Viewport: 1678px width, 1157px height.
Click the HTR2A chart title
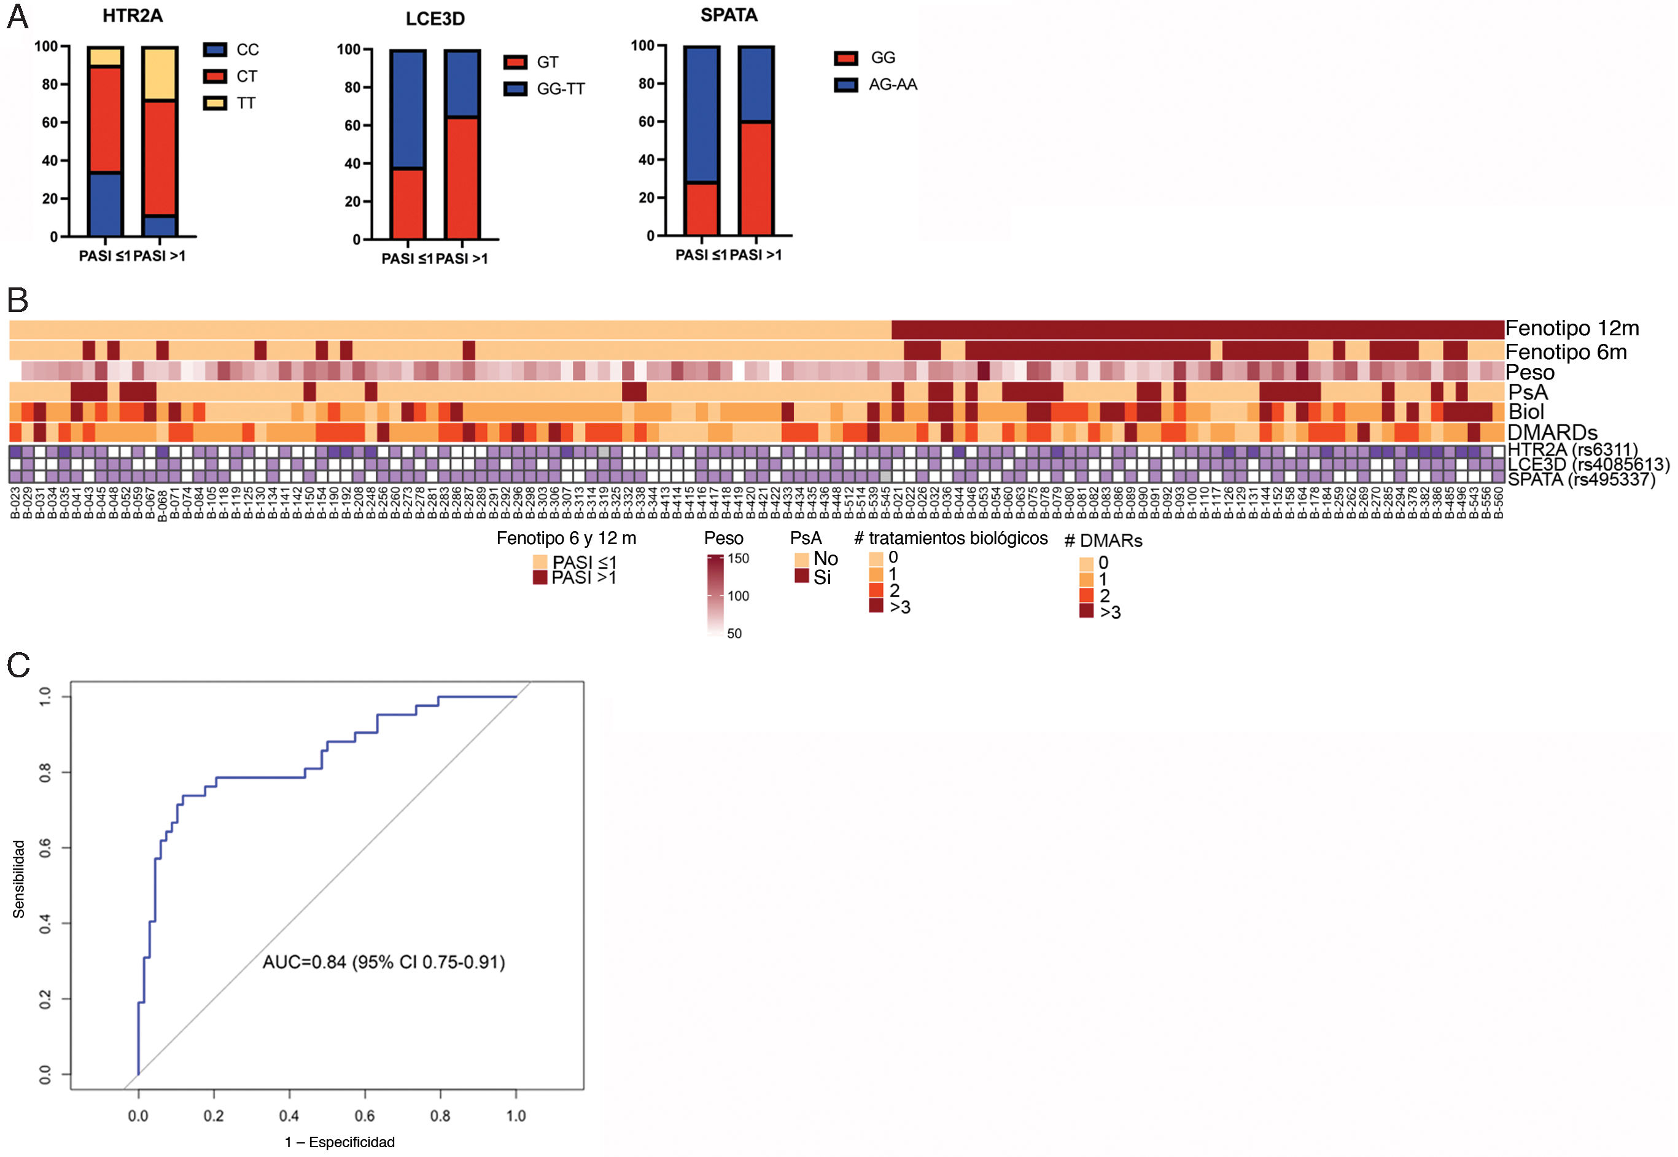[x=132, y=16]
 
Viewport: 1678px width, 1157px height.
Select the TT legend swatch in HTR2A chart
[x=216, y=104]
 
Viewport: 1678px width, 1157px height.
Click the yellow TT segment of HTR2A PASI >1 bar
[x=159, y=75]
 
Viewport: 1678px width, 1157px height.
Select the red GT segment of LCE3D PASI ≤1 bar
[x=407, y=204]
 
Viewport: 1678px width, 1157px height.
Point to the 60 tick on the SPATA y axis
[x=647, y=122]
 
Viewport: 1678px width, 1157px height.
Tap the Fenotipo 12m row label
[x=1571, y=329]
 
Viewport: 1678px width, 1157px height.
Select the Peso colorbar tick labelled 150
[x=738, y=559]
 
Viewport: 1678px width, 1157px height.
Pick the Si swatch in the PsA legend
[x=802, y=576]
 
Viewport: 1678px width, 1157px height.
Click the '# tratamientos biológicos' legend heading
[x=950, y=539]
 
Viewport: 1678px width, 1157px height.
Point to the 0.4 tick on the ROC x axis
[x=289, y=1115]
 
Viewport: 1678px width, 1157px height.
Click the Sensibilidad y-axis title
[x=19, y=879]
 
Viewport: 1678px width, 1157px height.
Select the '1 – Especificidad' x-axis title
[x=340, y=1142]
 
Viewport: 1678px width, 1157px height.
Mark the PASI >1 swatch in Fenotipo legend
[x=539, y=578]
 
